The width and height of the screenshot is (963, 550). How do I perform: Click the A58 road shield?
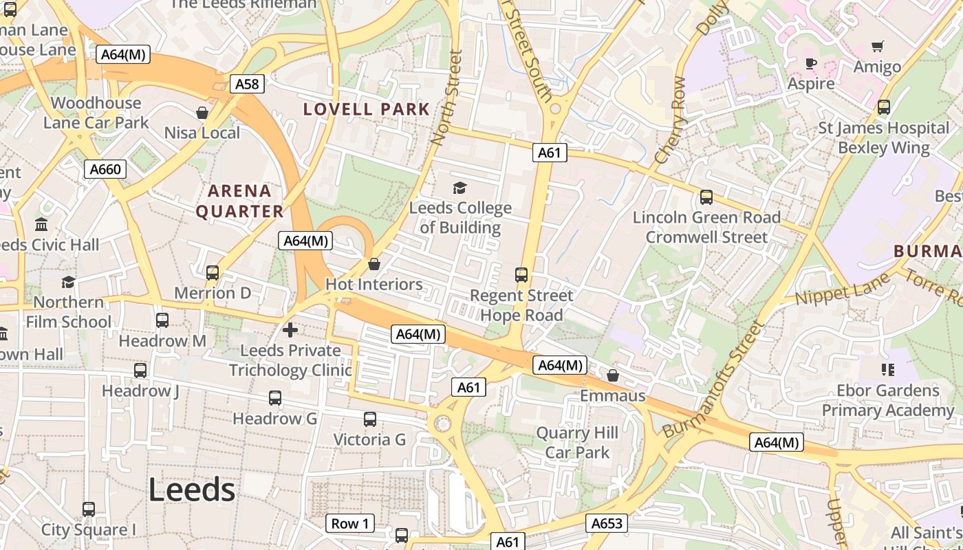247,84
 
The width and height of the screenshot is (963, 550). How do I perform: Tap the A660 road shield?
105,169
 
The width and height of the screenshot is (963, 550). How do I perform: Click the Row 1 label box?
350,523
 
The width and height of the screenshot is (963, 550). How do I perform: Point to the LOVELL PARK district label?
367,109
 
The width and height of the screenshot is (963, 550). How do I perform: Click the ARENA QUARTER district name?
240,201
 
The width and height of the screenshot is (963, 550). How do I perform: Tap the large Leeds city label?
192,489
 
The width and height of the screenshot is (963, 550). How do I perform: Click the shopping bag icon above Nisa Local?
202,112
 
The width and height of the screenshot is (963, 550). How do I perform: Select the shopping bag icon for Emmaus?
613,375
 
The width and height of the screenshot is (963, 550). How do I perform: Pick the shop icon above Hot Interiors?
374,264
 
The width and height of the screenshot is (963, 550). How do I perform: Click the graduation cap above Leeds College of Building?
459,188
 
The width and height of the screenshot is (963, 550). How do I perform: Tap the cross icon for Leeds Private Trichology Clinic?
290,330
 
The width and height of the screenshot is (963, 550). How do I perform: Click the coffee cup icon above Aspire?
811,64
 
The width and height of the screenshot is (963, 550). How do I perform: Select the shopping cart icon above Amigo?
877,47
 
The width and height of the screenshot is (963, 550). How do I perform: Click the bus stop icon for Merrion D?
213,272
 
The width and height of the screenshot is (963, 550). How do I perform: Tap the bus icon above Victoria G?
370,419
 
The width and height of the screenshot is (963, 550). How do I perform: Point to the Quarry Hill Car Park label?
577,443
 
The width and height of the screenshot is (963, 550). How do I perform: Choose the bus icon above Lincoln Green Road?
706,197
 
